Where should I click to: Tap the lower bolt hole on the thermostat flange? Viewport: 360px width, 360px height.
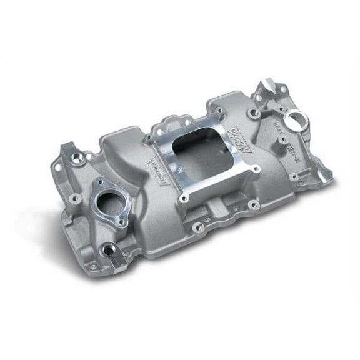point(123,222)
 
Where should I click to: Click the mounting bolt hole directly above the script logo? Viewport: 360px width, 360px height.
point(253,113)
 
